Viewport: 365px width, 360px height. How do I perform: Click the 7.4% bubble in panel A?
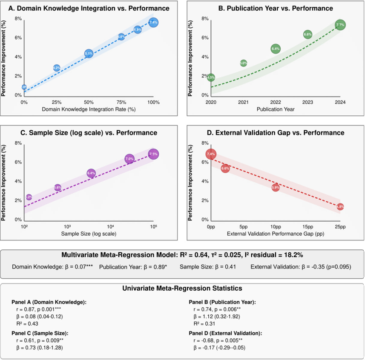(153, 23)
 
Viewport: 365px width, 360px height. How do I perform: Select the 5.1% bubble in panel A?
(89, 54)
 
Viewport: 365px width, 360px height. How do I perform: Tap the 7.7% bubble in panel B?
(340, 25)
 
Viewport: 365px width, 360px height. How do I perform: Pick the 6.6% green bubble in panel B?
(308, 34)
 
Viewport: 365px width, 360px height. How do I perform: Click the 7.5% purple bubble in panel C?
(153, 154)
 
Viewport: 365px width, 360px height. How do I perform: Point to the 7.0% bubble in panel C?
(129, 159)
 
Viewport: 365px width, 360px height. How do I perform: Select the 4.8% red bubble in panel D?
(340, 207)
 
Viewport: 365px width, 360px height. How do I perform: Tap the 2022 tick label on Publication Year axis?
(276, 103)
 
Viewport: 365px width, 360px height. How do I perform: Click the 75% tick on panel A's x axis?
(121, 103)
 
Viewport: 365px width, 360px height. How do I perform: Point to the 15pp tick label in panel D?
(308, 227)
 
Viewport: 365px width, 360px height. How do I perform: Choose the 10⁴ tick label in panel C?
(111, 227)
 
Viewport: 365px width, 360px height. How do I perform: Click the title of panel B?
(275, 9)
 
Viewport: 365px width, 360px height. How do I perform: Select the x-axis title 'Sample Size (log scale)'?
(89, 234)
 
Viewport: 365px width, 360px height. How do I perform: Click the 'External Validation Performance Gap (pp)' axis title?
(276, 234)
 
